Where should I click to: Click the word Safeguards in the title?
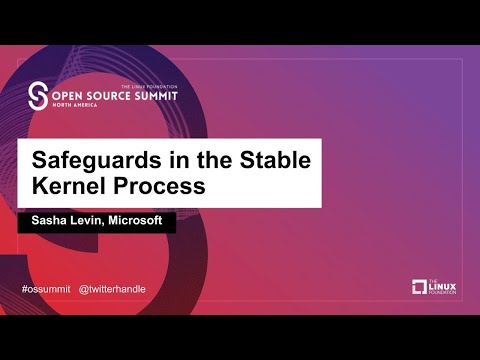tap(89, 160)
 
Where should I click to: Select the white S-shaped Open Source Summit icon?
tap(39, 97)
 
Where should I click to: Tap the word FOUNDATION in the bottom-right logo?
tap(444, 293)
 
